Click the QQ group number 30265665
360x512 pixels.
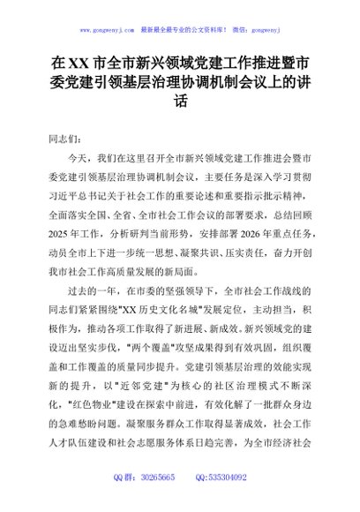click(x=157, y=501)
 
